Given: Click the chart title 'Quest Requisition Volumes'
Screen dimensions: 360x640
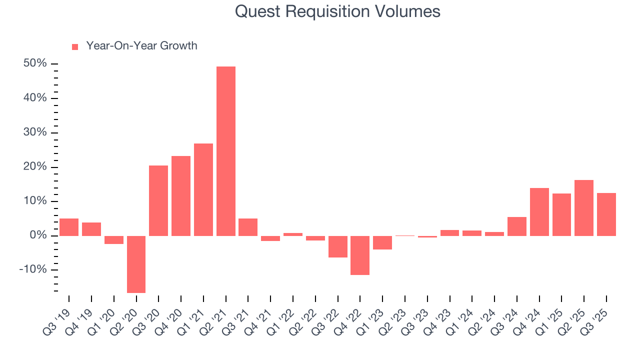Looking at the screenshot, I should [337, 11].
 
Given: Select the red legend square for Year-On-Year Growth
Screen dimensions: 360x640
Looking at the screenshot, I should [75, 46].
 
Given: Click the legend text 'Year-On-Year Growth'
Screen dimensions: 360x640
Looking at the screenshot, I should [141, 46].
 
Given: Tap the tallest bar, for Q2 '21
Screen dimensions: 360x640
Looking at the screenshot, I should [225, 151].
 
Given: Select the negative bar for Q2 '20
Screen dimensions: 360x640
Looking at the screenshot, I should [136, 264].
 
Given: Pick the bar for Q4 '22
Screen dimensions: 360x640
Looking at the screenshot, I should [360, 255].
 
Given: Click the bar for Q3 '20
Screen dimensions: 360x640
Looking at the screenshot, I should [158, 200].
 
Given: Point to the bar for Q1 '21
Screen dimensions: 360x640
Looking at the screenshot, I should [203, 189].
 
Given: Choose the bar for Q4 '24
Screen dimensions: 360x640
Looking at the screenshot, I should [539, 211].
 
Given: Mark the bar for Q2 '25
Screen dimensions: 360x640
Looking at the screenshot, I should [584, 207].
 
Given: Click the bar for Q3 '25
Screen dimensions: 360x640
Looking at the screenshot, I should [606, 214].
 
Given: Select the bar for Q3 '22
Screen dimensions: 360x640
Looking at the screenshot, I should [337, 246].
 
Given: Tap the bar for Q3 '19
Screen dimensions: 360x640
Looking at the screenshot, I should [69, 227].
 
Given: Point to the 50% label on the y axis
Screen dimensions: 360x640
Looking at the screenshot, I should [34, 64].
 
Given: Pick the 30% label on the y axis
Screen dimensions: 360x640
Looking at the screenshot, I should [34, 132].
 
